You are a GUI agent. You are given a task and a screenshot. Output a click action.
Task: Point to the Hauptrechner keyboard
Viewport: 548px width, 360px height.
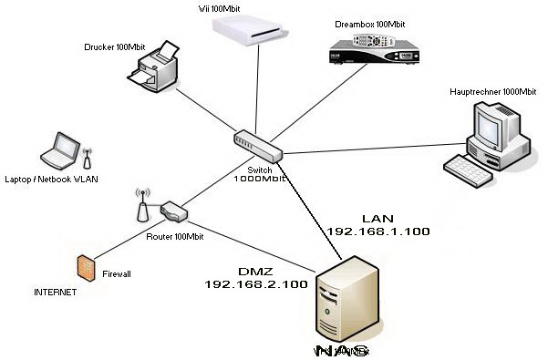[x=470, y=168]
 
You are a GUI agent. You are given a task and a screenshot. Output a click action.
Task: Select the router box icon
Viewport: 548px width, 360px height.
[x=174, y=212]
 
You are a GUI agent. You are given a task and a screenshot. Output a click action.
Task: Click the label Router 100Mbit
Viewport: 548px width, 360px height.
[x=175, y=236]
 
